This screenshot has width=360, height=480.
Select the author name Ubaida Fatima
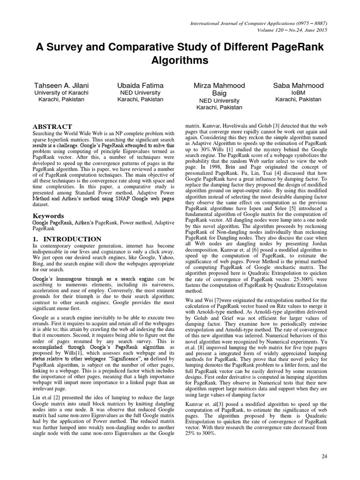pos(140,85)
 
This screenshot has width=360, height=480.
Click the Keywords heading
pos(48,216)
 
